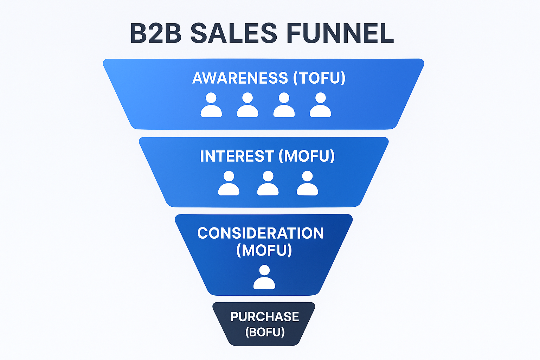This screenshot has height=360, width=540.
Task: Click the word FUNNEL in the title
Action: coord(340,33)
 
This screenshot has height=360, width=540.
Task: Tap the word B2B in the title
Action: coord(155,33)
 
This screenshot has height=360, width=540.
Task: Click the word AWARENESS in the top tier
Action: coord(240,78)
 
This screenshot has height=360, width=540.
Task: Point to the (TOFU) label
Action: coord(319,78)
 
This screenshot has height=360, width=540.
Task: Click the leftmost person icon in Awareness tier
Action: coord(211,105)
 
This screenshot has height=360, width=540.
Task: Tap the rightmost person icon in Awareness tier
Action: coord(320,105)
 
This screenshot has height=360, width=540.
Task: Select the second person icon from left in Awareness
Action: coord(247,105)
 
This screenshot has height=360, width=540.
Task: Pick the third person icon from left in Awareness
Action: coord(284,105)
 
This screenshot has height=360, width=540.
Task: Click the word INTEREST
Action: coord(237,156)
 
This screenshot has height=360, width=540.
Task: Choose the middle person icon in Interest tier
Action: coord(268,184)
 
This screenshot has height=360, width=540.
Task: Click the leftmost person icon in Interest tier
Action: coord(229,184)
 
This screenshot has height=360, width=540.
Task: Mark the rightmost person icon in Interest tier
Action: coord(307,184)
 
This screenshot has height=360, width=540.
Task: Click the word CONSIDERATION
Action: coord(261,233)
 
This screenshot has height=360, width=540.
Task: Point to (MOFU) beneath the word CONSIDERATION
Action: coord(264,250)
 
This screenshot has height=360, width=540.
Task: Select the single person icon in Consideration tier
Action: coord(264,278)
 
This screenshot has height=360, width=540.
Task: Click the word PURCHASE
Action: coord(264,317)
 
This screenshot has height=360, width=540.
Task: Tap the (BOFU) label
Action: coord(265,332)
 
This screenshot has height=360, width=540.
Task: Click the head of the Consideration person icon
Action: coord(264,270)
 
